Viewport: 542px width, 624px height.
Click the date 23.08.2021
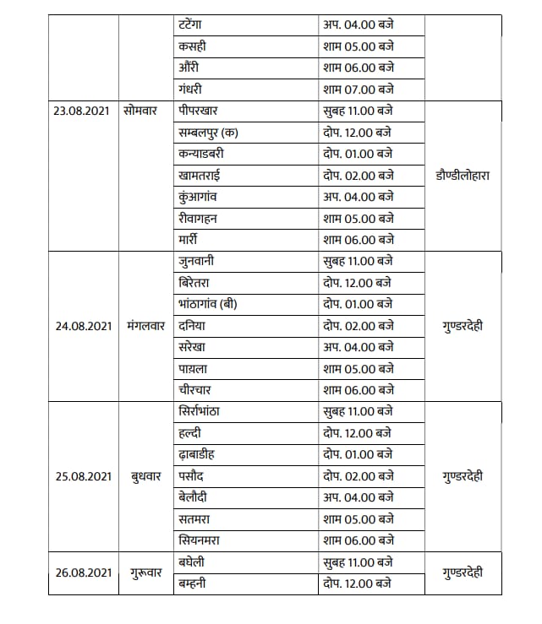(x=83, y=111)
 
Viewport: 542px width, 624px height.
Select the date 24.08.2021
(x=83, y=325)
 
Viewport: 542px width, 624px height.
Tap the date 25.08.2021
(x=83, y=476)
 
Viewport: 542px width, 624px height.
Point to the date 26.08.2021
(x=83, y=572)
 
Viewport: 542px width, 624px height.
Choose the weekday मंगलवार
(x=145, y=325)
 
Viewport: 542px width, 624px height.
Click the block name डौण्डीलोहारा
(x=463, y=176)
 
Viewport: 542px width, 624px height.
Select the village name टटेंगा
(x=195, y=24)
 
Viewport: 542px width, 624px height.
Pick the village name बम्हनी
(x=197, y=583)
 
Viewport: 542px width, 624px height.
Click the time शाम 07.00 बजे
(x=359, y=89)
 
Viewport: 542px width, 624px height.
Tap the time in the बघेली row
(x=359, y=562)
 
